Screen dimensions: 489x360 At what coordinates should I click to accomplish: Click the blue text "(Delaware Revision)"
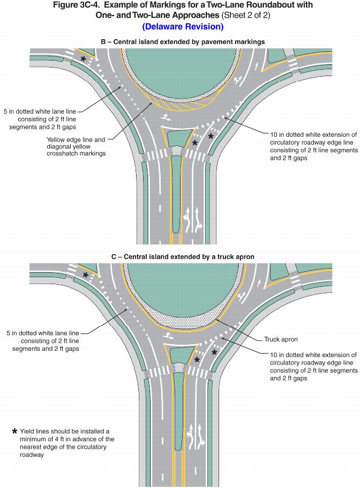(183, 26)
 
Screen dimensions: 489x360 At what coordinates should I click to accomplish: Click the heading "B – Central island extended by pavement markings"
(183, 41)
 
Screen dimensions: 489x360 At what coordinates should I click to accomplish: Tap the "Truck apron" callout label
(281, 339)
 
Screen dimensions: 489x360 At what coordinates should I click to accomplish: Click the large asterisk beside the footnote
(15, 431)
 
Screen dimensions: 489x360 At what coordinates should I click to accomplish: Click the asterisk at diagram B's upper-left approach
(83, 59)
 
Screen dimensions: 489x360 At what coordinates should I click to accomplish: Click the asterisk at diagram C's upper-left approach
(86, 275)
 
